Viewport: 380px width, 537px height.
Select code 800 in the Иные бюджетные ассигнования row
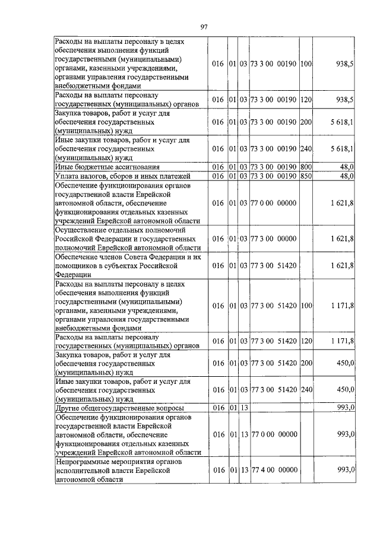click(306, 167)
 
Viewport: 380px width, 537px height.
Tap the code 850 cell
click(306, 176)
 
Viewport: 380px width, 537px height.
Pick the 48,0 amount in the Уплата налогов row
click(346, 176)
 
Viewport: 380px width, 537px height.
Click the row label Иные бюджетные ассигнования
click(98, 167)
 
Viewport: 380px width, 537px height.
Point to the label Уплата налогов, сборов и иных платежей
click(122, 176)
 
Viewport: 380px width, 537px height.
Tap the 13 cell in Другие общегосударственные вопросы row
click(244, 409)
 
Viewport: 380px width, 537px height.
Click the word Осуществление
click(84, 229)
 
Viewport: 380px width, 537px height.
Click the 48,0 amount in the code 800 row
click(346, 167)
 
